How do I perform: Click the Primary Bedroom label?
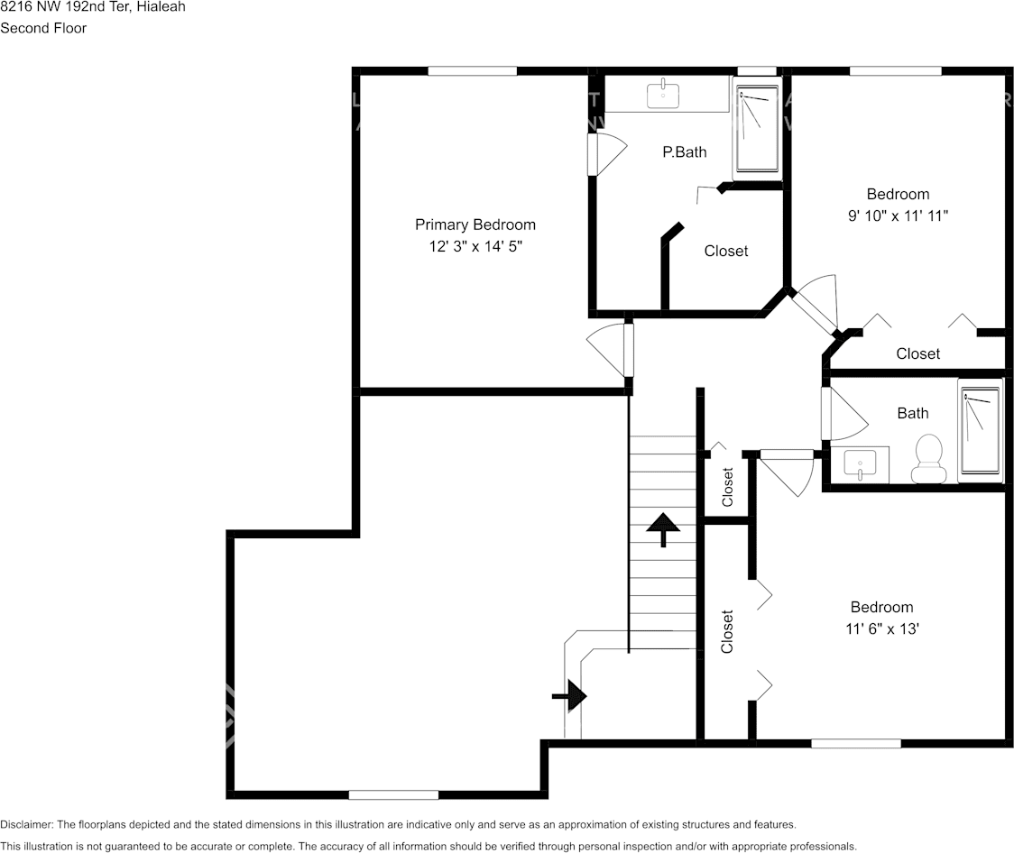coord(475,225)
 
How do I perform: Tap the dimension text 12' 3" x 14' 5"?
coord(475,245)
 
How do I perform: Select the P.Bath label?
coord(685,152)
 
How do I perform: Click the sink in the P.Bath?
coord(664,92)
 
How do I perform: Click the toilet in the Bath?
coord(927,458)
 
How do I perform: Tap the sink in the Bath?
coord(860,464)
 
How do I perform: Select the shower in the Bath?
coord(980,430)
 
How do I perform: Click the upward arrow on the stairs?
coord(663,528)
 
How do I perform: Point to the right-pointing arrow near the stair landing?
coord(570,696)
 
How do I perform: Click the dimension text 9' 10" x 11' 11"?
coord(898,216)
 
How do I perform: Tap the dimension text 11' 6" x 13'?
coord(881,628)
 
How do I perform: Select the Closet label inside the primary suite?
coord(726,252)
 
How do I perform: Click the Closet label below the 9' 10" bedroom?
coord(917,354)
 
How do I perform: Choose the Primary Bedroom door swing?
coord(608,350)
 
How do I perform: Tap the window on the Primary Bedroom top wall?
coord(472,71)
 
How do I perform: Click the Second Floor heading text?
coord(43,28)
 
